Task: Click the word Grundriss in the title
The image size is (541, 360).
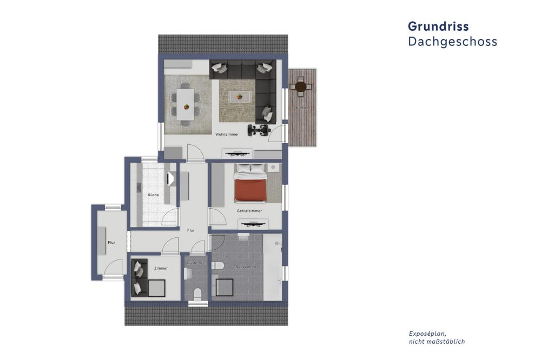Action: coord(438,26)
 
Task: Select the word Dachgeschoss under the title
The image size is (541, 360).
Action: coord(452,42)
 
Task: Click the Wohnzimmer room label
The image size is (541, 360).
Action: coord(227,135)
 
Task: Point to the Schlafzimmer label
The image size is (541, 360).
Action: coord(249,211)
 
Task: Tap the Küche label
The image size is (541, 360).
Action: coord(153,195)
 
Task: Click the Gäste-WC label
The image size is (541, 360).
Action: coord(195,263)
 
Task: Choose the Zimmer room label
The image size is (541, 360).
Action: coord(161,268)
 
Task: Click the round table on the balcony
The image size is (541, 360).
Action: coord(301,86)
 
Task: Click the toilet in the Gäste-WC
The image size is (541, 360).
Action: coord(197,294)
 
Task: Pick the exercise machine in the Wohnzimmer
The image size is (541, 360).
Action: coord(258,130)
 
